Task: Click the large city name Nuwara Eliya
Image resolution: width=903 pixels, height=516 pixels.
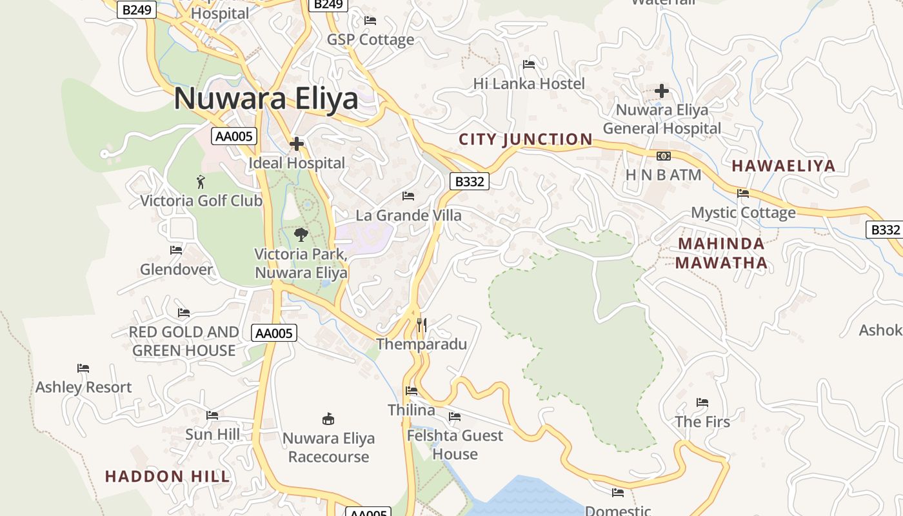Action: tap(266, 99)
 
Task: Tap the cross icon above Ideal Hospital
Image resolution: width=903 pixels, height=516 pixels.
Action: tap(297, 143)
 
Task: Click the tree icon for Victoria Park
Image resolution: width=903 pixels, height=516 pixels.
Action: tap(301, 235)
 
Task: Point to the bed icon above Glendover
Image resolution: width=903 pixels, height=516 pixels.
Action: tap(176, 250)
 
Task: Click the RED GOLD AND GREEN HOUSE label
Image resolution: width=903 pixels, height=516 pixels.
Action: tap(184, 341)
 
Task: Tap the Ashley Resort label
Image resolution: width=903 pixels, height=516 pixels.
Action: tap(83, 387)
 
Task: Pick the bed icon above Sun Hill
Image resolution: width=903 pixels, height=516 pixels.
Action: tap(212, 415)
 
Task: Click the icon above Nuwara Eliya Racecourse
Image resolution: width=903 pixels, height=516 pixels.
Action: tap(328, 419)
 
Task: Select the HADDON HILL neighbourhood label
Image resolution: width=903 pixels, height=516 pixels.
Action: tap(168, 477)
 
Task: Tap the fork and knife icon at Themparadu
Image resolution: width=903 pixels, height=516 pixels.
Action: tap(421, 324)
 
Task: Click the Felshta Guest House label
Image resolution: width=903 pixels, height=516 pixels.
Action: tap(455, 444)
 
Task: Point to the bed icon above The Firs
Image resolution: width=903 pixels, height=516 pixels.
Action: tap(702, 403)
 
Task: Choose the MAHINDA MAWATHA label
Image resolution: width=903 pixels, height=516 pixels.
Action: tap(722, 253)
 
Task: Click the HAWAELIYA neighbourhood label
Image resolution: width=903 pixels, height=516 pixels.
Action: tap(784, 166)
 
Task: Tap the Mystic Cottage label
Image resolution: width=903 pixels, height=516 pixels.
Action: tap(743, 212)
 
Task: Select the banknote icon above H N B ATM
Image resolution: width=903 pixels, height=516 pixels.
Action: tap(663, 156)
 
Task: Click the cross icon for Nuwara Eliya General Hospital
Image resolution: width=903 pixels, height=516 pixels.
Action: tap(662, 91)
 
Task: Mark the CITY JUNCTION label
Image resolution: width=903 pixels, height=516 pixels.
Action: tap(525, 139)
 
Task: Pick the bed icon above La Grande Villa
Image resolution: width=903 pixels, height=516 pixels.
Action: tap(408, 196)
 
